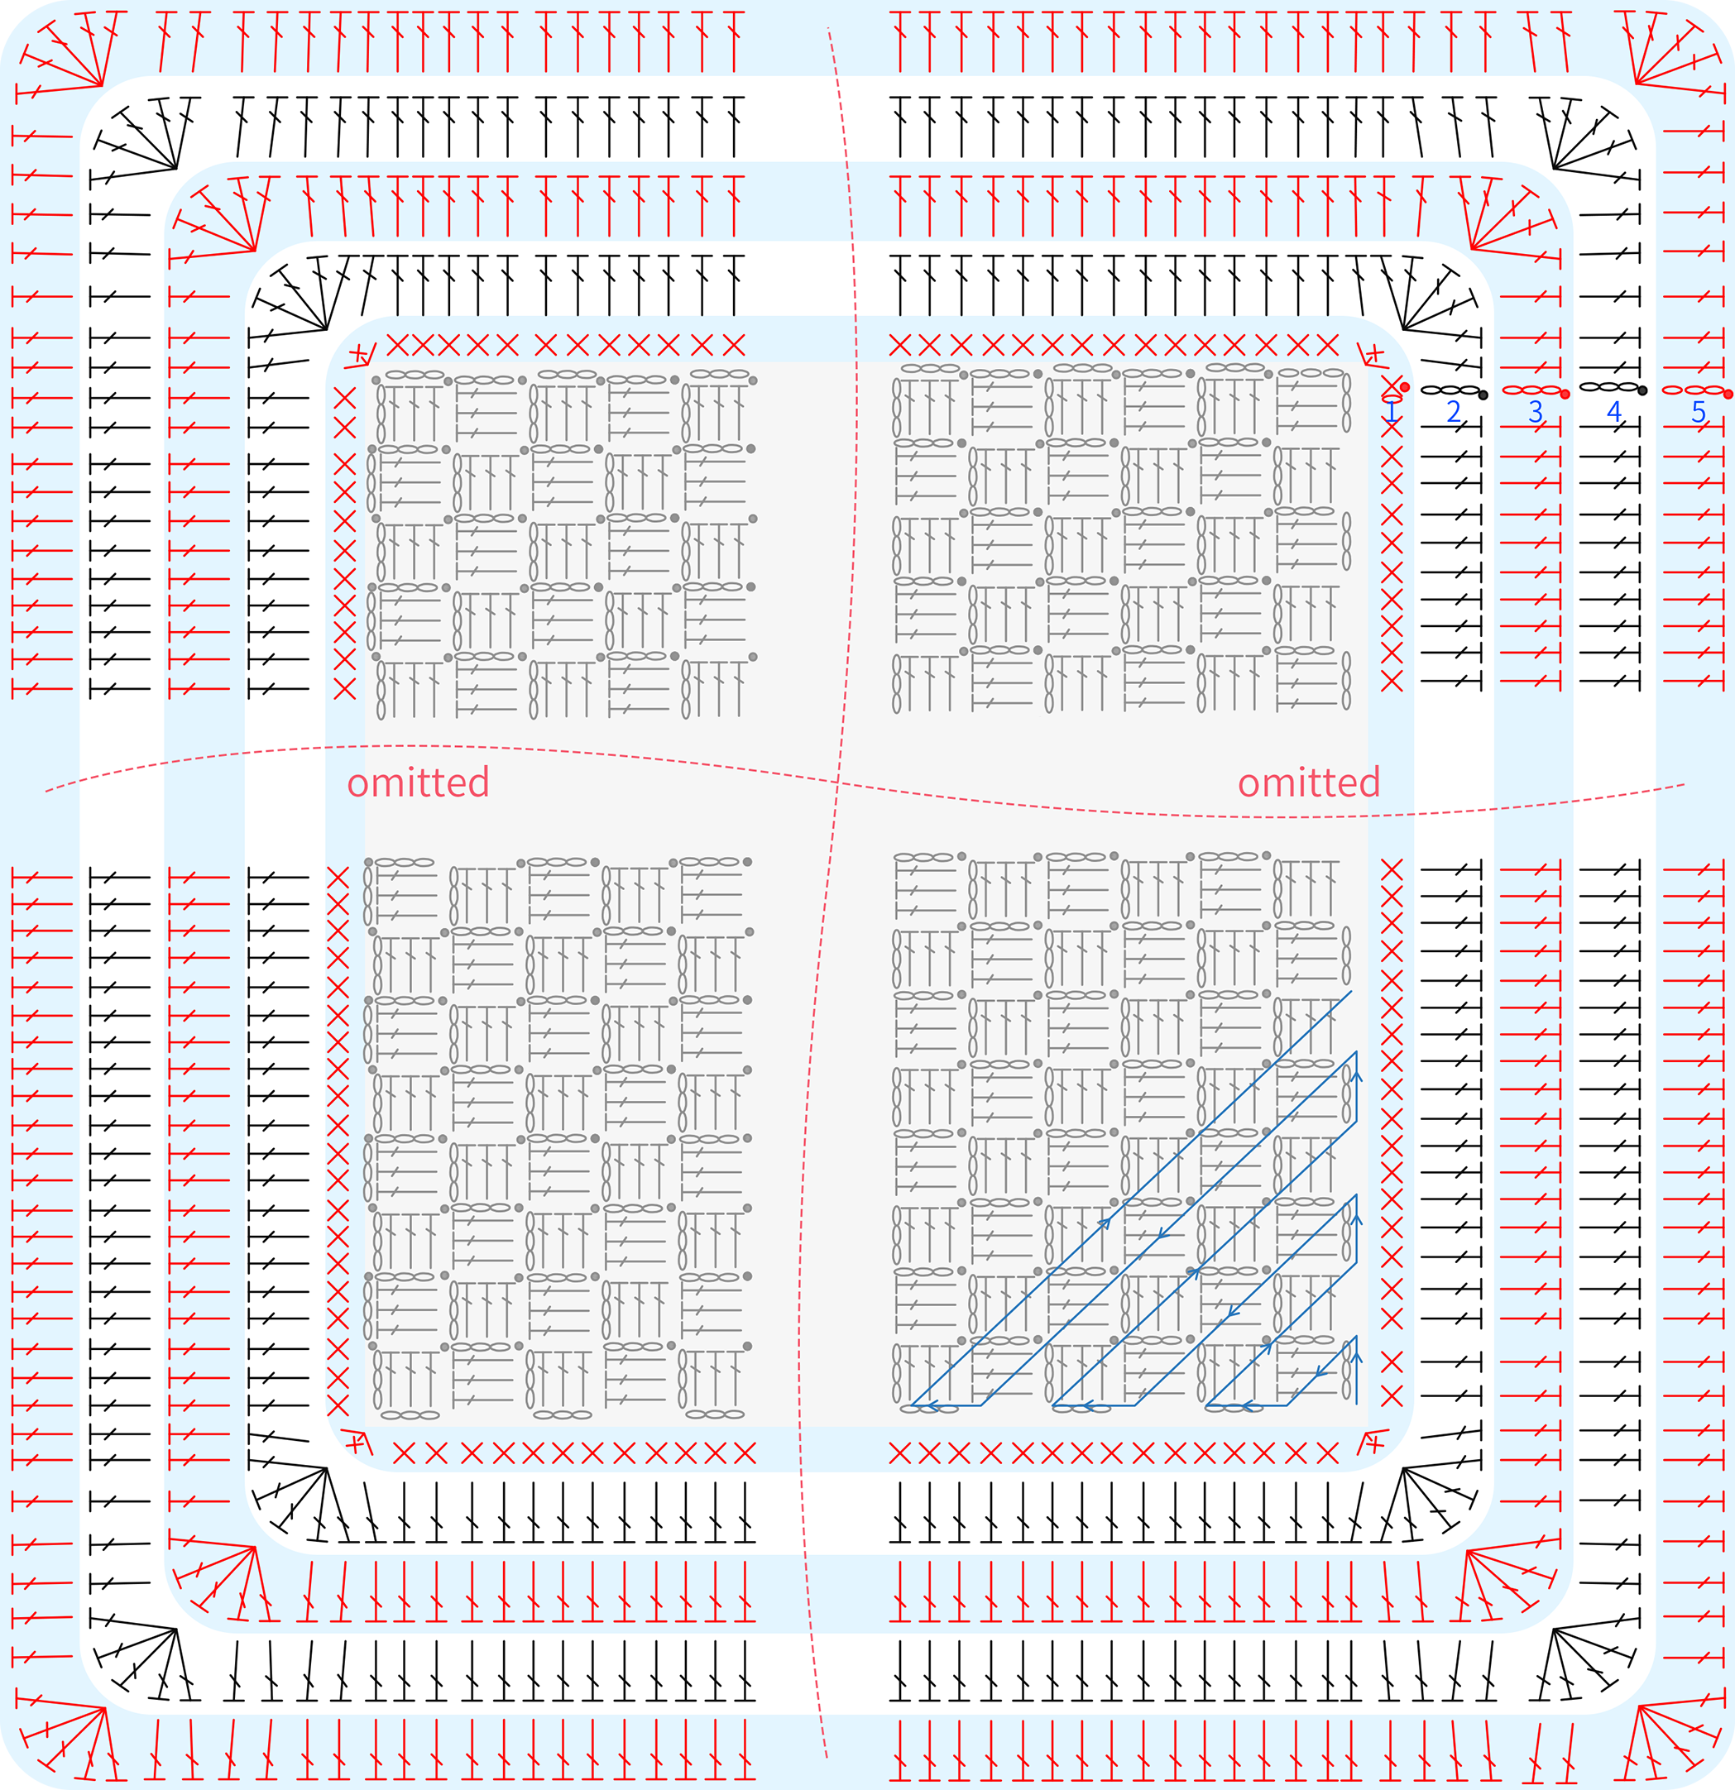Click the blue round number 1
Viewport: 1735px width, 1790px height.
point(1392,412)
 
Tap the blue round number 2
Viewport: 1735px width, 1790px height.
point(1455,412)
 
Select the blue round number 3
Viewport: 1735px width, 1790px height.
point(1536,412)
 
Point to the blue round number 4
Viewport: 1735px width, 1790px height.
point(1614,412)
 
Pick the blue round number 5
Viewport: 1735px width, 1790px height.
point(1699,412)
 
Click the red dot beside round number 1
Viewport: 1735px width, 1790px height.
point(1405,387)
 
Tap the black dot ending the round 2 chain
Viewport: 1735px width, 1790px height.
point(1483,395)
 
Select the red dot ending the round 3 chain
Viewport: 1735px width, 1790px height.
point(1565,395)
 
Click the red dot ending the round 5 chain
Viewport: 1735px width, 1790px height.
point(1728,395)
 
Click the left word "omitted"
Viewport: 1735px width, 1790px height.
point(419,783)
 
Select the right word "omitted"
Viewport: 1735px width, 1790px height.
point(1309,783)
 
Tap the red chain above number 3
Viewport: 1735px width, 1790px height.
point(1531,391)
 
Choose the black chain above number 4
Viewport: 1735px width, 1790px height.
point(1609,387)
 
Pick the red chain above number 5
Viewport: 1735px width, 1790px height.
point(1692,391)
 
